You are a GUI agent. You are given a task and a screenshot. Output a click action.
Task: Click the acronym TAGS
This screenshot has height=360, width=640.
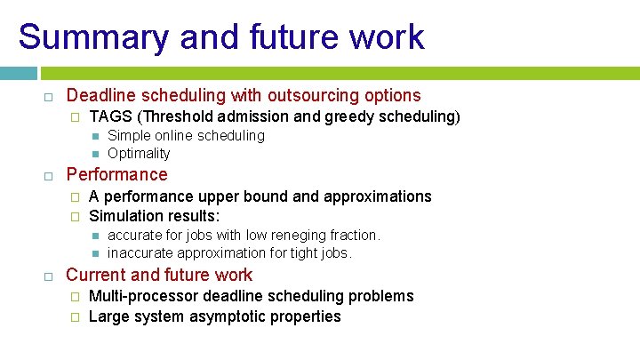point(109,116)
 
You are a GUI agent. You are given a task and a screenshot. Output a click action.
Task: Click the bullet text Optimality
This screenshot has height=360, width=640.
point(139,153)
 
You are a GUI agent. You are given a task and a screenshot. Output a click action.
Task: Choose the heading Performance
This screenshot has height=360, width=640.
point(116,174)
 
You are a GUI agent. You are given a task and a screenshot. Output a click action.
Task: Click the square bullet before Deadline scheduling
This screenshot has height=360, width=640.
point(50,96)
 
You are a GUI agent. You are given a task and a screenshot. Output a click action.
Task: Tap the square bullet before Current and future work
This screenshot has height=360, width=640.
point(50,276)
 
